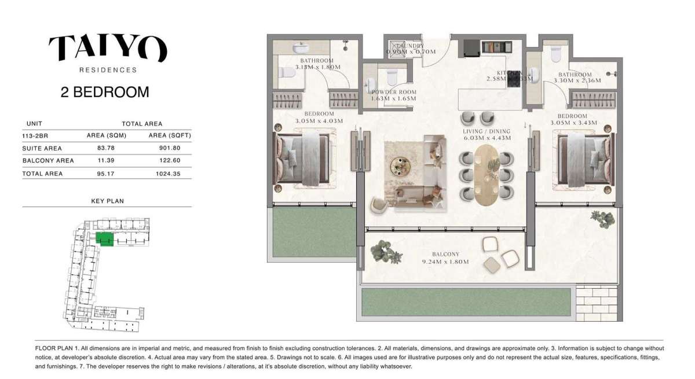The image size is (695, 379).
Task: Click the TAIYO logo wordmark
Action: click(108, 48)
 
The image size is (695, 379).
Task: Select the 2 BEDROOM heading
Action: click(105, 91)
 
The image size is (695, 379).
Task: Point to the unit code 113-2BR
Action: click(34, 136)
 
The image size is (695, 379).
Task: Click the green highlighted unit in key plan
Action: click(104, 238)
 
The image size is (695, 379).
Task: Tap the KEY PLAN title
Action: click(107, 201)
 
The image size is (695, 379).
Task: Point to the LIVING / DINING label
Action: click(487, 131)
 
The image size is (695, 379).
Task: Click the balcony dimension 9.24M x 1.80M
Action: click(445, 262)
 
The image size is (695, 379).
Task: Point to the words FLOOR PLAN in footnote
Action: click(54, 348)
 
